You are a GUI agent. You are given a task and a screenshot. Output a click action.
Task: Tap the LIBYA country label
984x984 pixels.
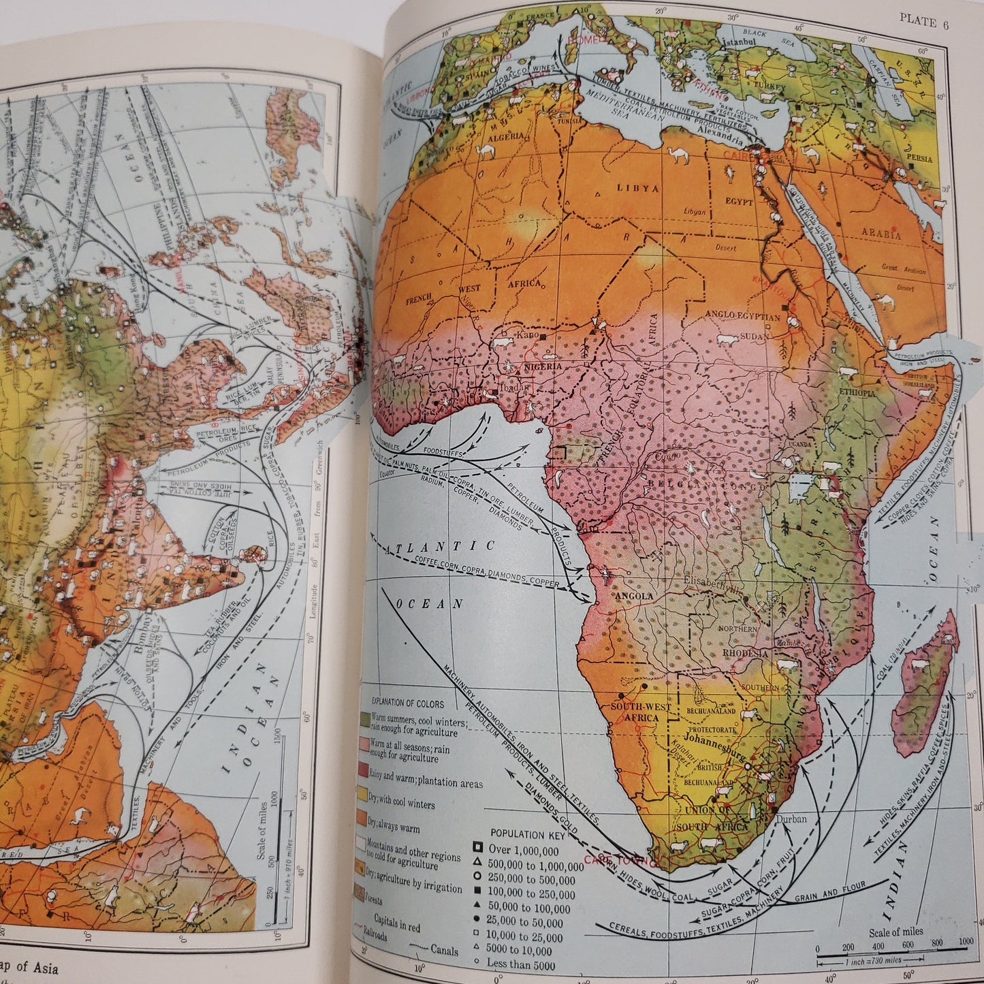pyautogui.click(x=638, y=188)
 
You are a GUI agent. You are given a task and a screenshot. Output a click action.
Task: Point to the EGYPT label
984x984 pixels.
pyautogui.click(x=739, y=202)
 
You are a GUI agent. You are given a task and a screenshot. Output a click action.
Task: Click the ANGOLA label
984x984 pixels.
pyautogui.click(x=634, y=596)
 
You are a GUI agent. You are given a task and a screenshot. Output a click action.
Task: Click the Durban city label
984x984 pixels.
pyautogui.click(x=791, y=819)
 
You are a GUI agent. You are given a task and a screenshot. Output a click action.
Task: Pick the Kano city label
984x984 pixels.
pyautogui.click(x=527, y=336)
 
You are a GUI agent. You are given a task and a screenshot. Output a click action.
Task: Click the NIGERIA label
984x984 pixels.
pyautogui.click(x=542, y=366)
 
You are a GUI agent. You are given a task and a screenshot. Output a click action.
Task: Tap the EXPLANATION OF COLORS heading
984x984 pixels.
pyautogui.click(x=407, y=703)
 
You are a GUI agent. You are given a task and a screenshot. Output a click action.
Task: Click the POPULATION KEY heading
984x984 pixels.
pyautogui.click(x=526, y=834)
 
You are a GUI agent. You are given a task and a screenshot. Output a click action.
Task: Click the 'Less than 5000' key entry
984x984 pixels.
pyautogui.click(x=524, y=964)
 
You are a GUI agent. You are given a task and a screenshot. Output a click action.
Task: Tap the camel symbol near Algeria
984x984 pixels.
pyautogui.click(x=488, y=151)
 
